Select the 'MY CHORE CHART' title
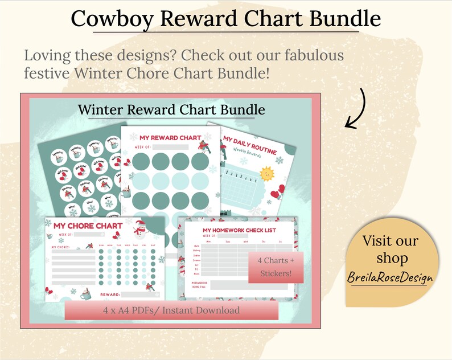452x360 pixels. point(88,226)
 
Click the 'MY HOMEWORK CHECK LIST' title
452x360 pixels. point(240,230)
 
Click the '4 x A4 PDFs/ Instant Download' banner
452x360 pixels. point(171,310)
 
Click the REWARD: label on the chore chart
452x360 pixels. point(110,294)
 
